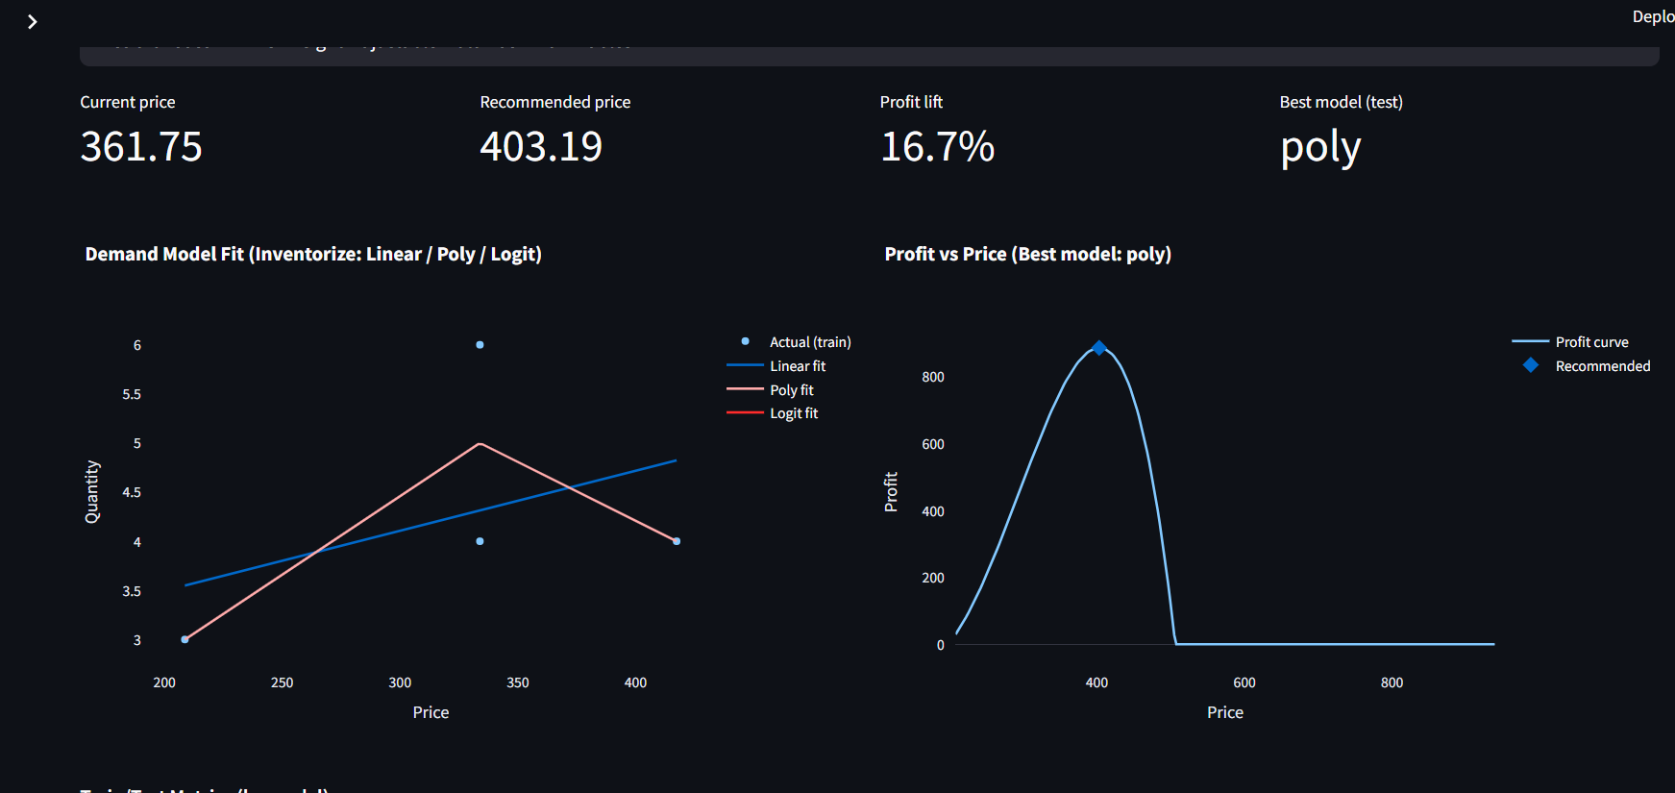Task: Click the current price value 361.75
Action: (141, 147)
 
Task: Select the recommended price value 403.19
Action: (541, 147)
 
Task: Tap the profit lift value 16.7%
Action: (937, 147)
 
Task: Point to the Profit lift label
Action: (911, 102)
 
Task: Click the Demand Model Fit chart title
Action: (313, 254)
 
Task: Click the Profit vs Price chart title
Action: (1027, 254)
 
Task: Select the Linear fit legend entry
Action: (797, 366)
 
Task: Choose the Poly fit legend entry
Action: (791, 390)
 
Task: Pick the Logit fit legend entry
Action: (793, 413)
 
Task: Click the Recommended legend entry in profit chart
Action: (1602, 366)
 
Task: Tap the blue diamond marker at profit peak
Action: (1099, 348)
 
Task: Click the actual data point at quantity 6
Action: (480, 344)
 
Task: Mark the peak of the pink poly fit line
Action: (480, 444)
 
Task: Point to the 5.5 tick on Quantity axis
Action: (132, 394)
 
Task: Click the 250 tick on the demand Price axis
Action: (282, 682)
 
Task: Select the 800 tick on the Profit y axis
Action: (932, 377)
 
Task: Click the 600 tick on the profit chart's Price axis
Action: (1244, 682)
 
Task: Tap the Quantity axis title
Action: (92, 491)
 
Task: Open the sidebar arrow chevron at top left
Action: (32, 21)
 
